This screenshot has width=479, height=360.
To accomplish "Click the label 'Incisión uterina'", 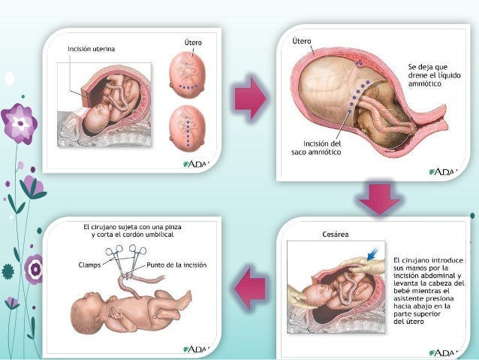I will point(92,49).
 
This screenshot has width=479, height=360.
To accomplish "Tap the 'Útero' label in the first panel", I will point(192,44).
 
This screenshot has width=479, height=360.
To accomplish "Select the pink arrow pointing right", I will point(250,97).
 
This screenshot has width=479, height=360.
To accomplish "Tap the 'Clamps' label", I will point(91,265).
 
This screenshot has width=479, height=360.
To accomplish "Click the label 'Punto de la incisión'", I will point(176,265).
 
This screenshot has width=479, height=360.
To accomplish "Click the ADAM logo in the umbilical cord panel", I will point(197,349).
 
